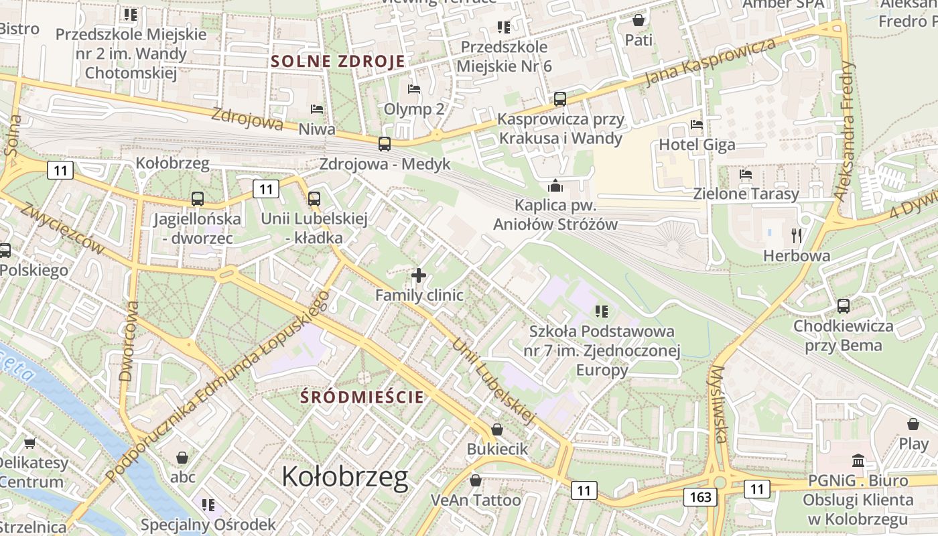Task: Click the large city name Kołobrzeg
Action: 344,477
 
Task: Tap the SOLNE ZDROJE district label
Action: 338,61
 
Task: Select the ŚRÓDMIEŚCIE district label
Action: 362,397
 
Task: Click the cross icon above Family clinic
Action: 419,275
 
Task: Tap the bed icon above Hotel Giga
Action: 697,125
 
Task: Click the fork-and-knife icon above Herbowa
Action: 797,235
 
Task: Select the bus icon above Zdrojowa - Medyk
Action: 385,143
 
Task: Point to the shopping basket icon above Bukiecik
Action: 497,429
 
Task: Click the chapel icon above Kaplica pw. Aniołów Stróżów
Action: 555,186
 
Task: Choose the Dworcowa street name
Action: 129,341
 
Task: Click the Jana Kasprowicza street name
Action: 710,62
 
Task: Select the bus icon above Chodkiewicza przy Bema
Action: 843,306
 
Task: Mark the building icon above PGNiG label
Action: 858,461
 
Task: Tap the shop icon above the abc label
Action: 182,458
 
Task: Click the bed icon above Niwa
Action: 317,109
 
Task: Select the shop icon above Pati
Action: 639,20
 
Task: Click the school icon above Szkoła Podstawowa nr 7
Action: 601,311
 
